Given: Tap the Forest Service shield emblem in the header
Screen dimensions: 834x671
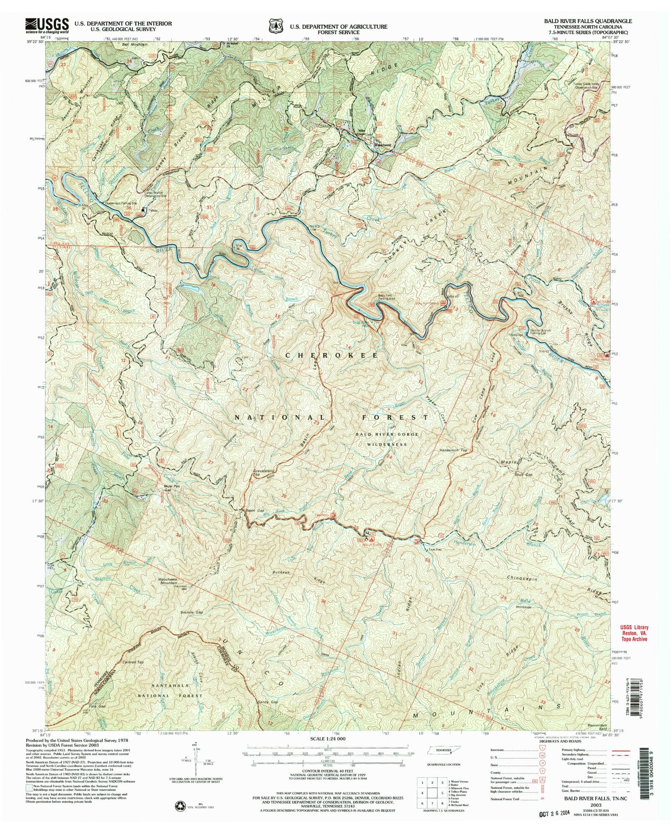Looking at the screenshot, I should click(x=276, y=26).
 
